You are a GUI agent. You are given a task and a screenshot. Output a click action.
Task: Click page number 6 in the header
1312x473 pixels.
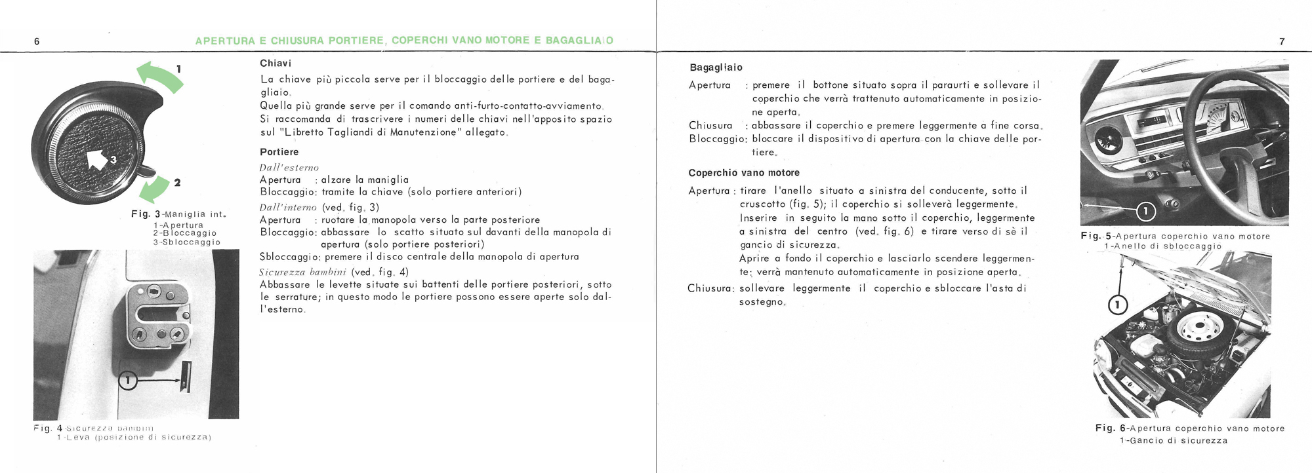coord(37,41)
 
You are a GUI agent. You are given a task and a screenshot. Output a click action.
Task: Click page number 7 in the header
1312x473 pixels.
coord(1282,41)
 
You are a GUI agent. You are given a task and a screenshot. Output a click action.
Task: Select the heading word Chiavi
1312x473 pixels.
coord(276,64)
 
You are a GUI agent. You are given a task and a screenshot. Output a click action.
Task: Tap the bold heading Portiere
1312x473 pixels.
coord(279,152)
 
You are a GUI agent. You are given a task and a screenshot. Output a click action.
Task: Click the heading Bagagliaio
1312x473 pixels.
coord(716,67)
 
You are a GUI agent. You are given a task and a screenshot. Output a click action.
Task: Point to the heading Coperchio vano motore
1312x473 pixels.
coord(744,173)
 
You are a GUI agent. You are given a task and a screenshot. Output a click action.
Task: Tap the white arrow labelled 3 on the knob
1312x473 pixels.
coord(97,158)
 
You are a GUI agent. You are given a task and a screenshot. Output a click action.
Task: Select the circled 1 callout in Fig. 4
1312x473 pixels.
coord(129,379)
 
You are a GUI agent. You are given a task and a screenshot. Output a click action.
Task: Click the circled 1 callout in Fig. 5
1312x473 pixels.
coord(1145,211)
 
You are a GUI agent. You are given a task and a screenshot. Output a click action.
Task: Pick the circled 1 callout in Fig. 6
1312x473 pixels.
coord(1118,305)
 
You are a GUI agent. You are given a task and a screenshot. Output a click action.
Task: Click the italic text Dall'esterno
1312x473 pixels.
coord(289,168)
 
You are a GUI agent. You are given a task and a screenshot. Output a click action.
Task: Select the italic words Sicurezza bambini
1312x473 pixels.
coord(303,273)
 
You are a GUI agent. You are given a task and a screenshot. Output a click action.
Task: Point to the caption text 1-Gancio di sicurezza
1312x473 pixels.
coord(1173,441)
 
